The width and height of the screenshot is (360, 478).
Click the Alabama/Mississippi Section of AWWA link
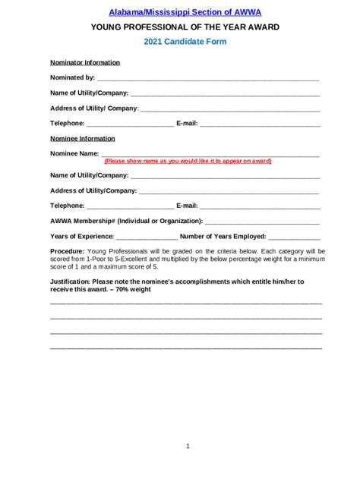pos(179,13)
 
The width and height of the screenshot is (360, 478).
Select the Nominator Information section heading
pos(84,62)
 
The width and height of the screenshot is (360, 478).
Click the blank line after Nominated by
pos(208,79)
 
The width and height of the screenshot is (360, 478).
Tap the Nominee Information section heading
pos(83,139)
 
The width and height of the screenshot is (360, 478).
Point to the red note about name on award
pos(188,162)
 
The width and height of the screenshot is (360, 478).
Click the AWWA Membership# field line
pos(262,222)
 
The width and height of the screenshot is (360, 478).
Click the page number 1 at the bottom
pos(188,446)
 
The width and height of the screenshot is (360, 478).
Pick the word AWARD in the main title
pos(261,27)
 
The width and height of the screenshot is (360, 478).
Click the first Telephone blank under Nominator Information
pos(130,124)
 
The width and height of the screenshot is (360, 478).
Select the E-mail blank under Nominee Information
pos(260,206)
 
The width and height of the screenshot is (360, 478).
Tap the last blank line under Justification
pos(186,348)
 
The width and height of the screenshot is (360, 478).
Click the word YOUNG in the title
pos(108,27)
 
